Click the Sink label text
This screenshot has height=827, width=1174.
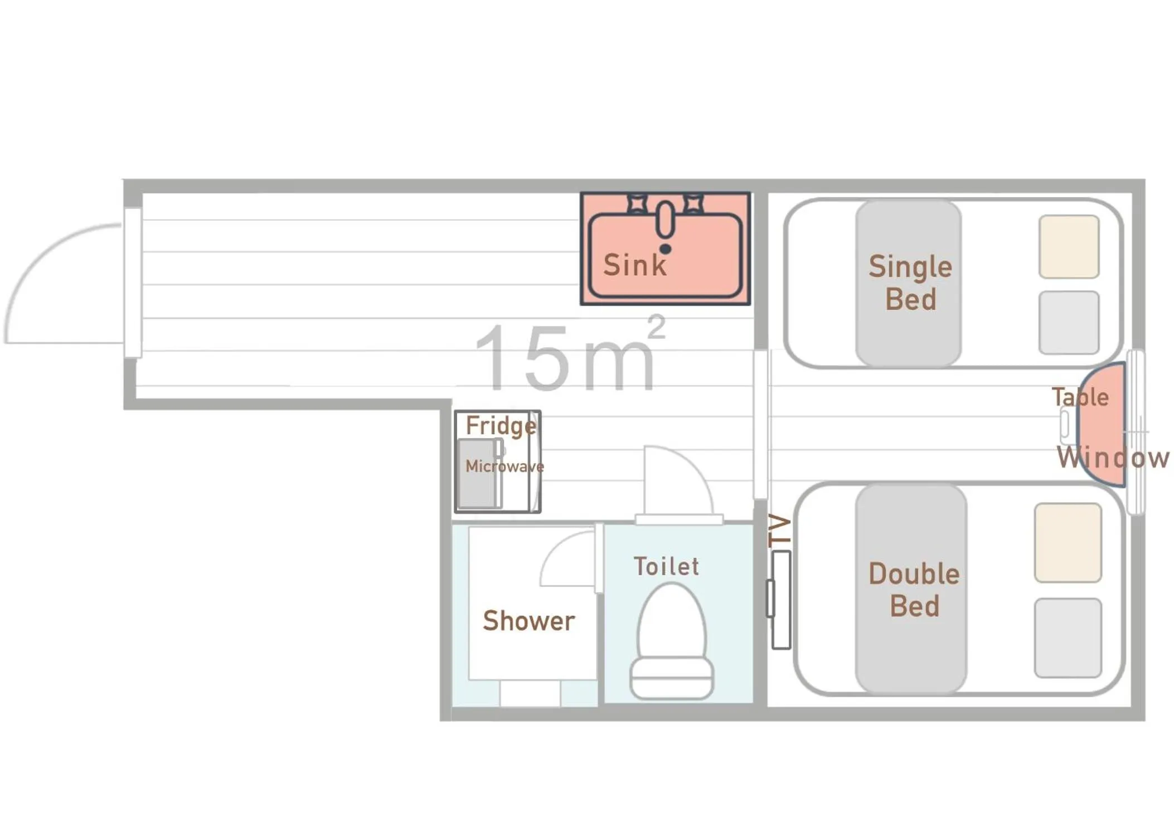click(x=634, y=265)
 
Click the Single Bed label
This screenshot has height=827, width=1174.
click(x=910, y=283)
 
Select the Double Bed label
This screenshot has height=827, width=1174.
click(x=914, y=590)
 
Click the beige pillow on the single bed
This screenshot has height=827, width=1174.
click(x=1068, y=247)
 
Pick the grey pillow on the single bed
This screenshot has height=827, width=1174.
click(x=1068, y=322)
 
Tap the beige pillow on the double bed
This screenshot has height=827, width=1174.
click(x=1067, y=542)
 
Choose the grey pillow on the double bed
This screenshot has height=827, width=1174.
click(x=1067, y=637)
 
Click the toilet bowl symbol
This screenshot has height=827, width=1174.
click(x=671, y=641)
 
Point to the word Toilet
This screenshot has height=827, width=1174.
click(x=666, y=566)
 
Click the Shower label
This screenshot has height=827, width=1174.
click(x=528, y=620)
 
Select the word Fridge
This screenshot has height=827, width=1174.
click(x=501, y=426)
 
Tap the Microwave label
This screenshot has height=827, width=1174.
click(x=504, y=466)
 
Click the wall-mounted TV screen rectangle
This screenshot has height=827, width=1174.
click(x=780, y=599)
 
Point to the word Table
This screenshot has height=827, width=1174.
click(x=1079, y=397)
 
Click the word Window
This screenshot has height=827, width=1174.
click(x=1112, y=458)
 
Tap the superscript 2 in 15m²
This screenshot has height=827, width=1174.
click(x=656, y=327)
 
